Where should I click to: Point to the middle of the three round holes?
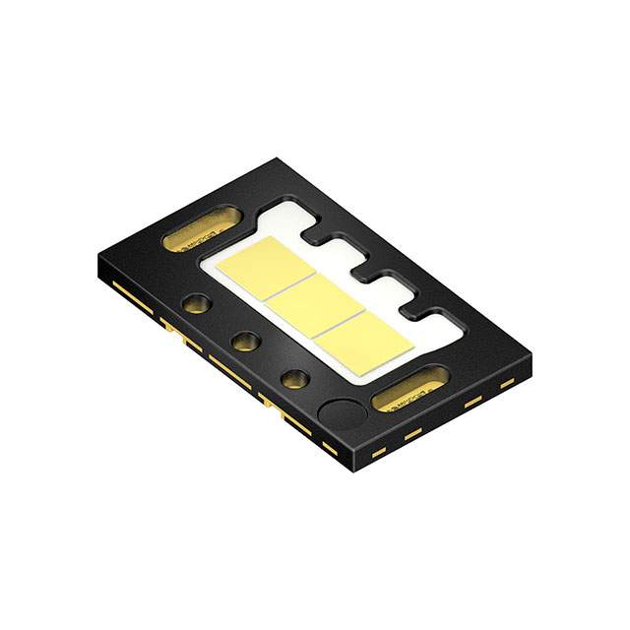243,342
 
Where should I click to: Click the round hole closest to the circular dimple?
293,378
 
